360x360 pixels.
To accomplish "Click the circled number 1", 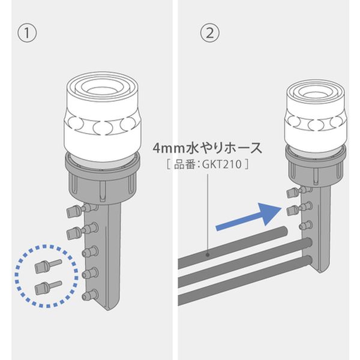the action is pos(27,33).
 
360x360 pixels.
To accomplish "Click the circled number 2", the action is pos(209,33).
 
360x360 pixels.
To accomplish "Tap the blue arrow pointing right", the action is pos(249,216).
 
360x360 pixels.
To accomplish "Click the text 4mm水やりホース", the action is pos(208,148).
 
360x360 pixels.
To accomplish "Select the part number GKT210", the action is pos(222,164).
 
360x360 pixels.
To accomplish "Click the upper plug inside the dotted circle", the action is pos(48,265).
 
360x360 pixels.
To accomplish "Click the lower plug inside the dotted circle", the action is pos(48,287).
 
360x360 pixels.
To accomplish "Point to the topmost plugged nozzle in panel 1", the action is pos(82,209).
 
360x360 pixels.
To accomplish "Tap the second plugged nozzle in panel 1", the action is pos(82,231).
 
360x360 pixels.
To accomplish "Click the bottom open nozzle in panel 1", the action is pos(90,295).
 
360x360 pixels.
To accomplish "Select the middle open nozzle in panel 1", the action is pos(90,273).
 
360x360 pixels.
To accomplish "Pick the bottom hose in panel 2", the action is pos(245,281).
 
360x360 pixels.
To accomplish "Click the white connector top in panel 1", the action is pos(103,116).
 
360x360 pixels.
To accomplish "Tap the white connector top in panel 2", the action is pos(316,116).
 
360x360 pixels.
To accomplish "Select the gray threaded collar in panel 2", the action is pos(316,166).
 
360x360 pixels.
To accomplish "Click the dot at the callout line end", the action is pos(208,254).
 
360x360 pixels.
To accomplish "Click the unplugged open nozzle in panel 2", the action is pos(305,225).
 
